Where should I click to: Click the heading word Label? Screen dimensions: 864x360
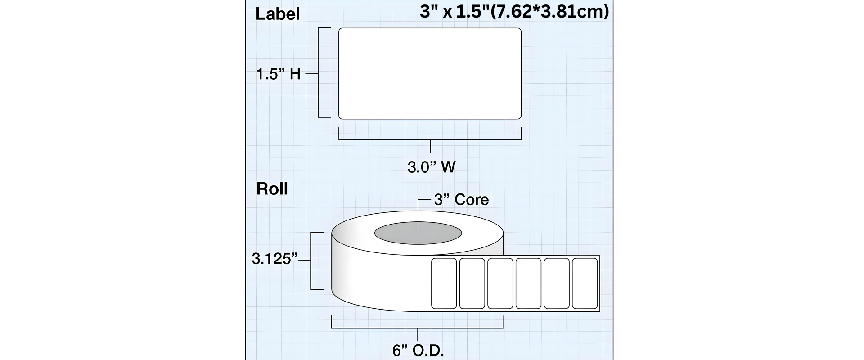277,14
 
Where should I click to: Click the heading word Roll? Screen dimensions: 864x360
272,189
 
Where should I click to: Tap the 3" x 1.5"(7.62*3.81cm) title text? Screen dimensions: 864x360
514,12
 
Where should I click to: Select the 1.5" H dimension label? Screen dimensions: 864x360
278,74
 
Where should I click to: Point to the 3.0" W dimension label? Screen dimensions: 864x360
432,167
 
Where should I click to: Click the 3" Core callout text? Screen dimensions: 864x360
461,199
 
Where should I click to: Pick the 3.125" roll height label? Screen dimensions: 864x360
275,259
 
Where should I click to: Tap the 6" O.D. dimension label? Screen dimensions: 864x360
418,351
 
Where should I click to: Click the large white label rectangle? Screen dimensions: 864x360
430,73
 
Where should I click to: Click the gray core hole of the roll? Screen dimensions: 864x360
418,233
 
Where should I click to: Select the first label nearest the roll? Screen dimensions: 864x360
444,283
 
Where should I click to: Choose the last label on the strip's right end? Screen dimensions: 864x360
585,283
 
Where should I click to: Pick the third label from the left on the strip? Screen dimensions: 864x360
500,283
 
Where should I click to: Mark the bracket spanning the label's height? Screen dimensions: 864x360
319,73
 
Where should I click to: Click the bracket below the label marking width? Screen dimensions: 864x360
430,140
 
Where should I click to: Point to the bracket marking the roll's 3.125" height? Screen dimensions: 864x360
312,261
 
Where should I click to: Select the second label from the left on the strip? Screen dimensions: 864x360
472,283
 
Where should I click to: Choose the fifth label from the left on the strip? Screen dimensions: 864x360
557,283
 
